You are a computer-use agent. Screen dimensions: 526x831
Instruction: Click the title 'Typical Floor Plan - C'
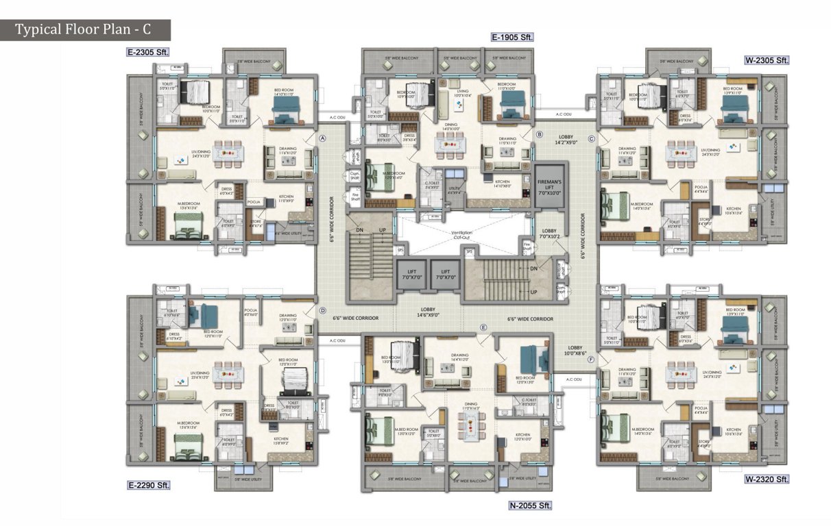tap(84, 30)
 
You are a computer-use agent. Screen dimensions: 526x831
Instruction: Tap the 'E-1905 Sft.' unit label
tap(511, 37)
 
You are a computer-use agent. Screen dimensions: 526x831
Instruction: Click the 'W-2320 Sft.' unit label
tap(767, 479)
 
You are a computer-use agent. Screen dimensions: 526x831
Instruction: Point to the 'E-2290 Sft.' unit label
tap(147, 485)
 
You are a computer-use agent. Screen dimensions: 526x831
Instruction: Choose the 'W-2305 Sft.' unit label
tap(767, 60)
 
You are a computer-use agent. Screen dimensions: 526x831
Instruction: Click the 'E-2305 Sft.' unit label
tap(147, 51)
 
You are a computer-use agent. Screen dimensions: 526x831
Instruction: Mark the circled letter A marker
tap(322, 138)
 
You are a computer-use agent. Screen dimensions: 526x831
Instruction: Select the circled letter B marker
tap(539, 135)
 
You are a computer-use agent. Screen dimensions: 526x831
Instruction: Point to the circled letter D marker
tap(322, 310)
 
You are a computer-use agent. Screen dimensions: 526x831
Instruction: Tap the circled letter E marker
tap(483, 328)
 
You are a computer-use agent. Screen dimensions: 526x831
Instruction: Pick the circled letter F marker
tap(591, 358)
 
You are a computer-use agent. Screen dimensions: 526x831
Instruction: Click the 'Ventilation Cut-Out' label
tap(461, 236)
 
